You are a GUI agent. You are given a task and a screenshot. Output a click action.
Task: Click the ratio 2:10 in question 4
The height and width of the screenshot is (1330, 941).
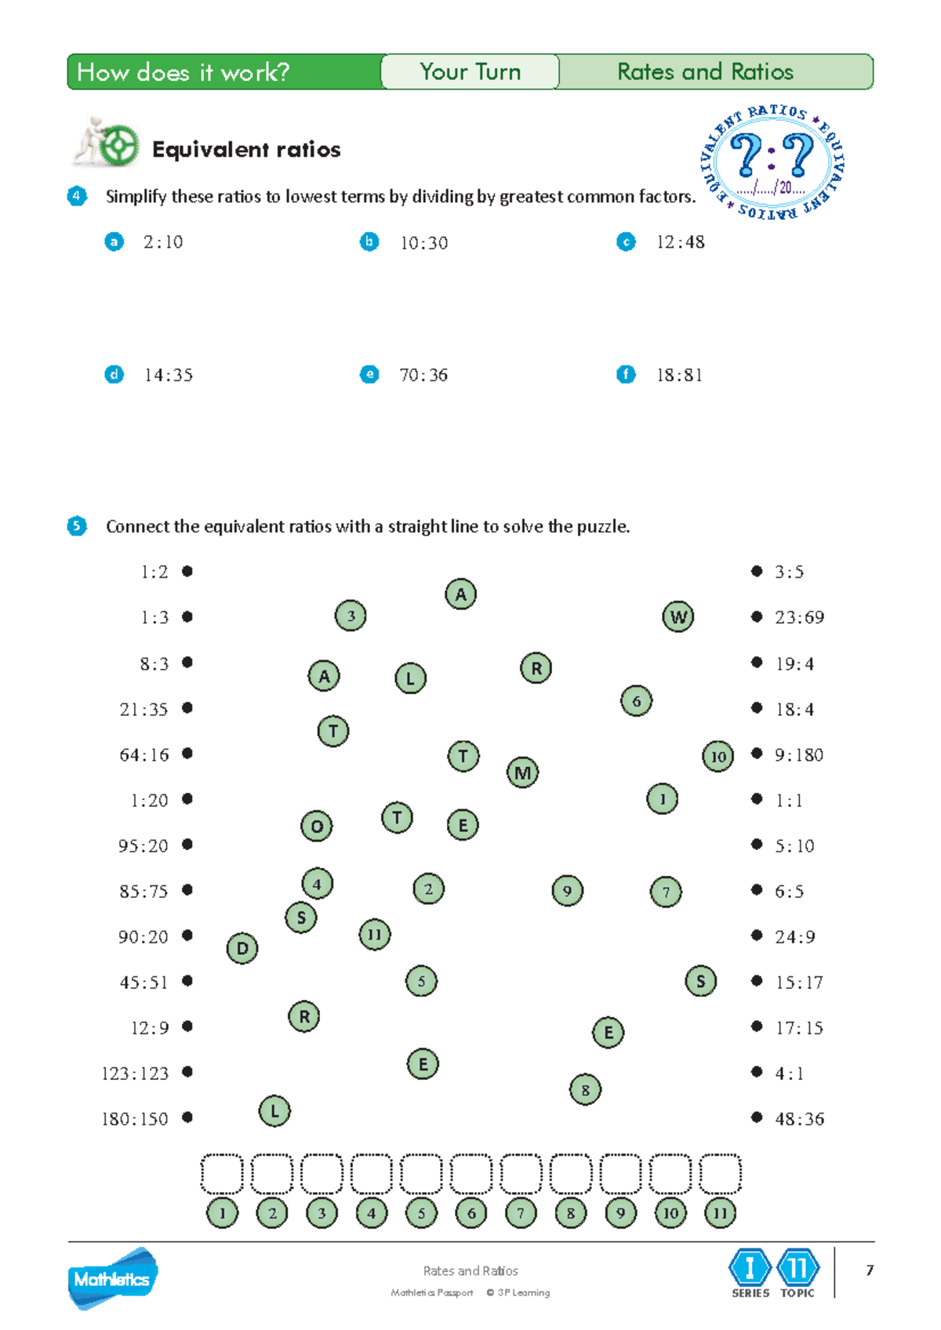[162, 242]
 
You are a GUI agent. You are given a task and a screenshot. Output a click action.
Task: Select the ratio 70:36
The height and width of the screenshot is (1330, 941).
[423, 376]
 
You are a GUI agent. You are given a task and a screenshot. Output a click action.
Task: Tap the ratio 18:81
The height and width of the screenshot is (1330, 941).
[679, 376]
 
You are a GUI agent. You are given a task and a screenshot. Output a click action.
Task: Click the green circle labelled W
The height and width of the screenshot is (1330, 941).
[678, 617]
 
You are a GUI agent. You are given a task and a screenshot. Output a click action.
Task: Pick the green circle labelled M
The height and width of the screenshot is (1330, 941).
[522, 772]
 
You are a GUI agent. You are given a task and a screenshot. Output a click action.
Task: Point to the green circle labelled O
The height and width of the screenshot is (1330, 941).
[317, 826]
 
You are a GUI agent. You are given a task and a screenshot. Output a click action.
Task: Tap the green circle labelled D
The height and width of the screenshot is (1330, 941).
[242, 947]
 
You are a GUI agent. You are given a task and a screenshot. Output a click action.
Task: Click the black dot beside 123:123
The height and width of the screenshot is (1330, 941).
[187, 1072]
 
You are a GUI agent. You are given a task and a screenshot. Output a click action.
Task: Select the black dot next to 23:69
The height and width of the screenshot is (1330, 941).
[757, 617]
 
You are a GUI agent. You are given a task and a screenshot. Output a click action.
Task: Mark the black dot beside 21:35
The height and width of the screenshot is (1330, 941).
[187, 708]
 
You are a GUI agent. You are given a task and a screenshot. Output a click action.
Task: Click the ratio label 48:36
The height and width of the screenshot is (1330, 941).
[799, 1119]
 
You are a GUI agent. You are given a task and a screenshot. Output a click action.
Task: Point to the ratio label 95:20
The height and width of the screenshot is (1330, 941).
[144, 845]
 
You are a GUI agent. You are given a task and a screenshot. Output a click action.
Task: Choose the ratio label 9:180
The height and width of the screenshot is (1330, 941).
[798, 755]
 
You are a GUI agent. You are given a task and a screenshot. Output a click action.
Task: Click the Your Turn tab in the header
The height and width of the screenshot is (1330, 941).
[470, 72]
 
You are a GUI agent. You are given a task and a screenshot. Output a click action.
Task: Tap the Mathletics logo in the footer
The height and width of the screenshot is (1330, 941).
[112, 1278]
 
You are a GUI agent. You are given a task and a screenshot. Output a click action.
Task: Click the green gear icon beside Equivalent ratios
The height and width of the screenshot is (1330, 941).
[119, 146]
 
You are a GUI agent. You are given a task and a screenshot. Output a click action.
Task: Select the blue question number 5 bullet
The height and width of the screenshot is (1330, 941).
[77, 526]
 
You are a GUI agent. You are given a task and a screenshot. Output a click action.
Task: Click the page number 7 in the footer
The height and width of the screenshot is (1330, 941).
[870, 1270]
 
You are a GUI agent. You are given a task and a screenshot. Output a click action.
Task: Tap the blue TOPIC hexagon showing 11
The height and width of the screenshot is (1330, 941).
[797, 1267]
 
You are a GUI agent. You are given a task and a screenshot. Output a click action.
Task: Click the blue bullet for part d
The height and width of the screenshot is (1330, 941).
[114, 375]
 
